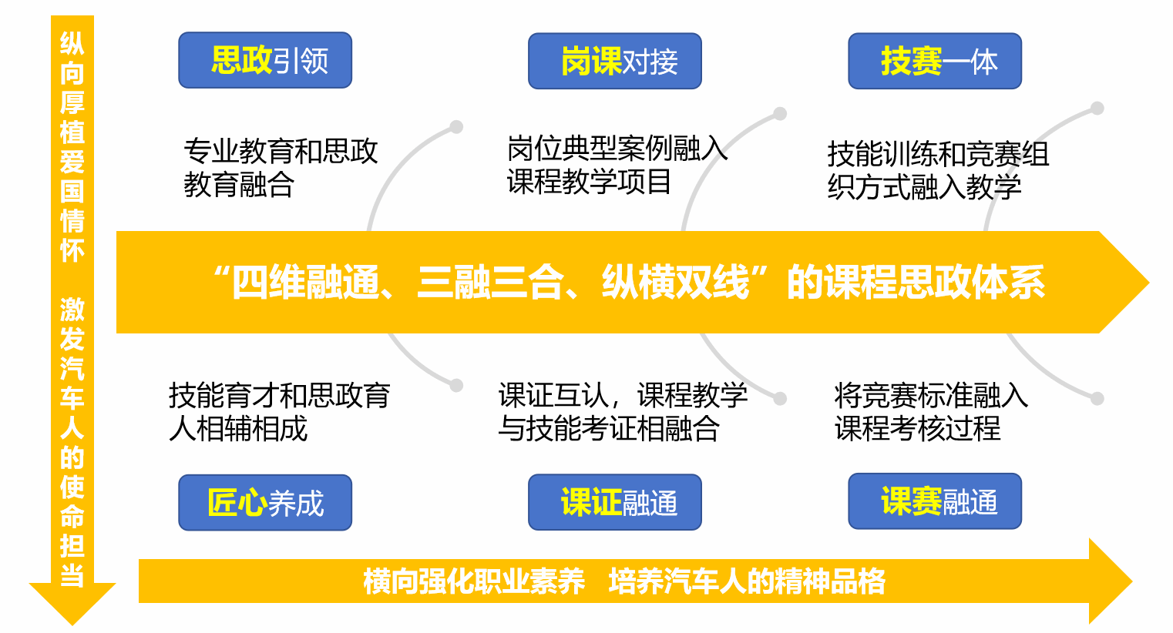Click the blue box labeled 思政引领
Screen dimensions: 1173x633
[265, 60]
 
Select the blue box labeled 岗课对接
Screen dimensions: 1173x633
[615, 61]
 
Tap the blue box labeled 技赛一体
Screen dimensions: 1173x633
[935, 61]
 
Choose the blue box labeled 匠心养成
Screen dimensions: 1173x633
[265, 502]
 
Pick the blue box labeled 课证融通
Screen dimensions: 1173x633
[615, 501]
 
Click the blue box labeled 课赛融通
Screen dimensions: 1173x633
[935, 501]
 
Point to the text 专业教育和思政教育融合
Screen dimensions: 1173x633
[281, 168]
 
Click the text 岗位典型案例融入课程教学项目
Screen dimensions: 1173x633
[617, 166]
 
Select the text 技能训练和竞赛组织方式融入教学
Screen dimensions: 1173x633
[938, 170]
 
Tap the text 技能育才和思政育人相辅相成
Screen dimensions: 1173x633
[280, 412]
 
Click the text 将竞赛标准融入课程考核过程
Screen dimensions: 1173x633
[931, 412]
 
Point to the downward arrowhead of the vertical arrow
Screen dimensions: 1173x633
[72, 605]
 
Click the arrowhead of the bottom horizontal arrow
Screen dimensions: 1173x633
[1110, 581]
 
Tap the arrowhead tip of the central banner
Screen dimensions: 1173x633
[1149, 283]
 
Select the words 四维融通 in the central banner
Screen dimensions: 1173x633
[306, 283]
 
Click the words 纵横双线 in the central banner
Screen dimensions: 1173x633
[676, 283]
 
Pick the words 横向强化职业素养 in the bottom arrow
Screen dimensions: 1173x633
[474, 581]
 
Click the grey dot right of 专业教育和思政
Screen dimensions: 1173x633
[456, 126]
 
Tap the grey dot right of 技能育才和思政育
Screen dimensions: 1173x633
[456, 386]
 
